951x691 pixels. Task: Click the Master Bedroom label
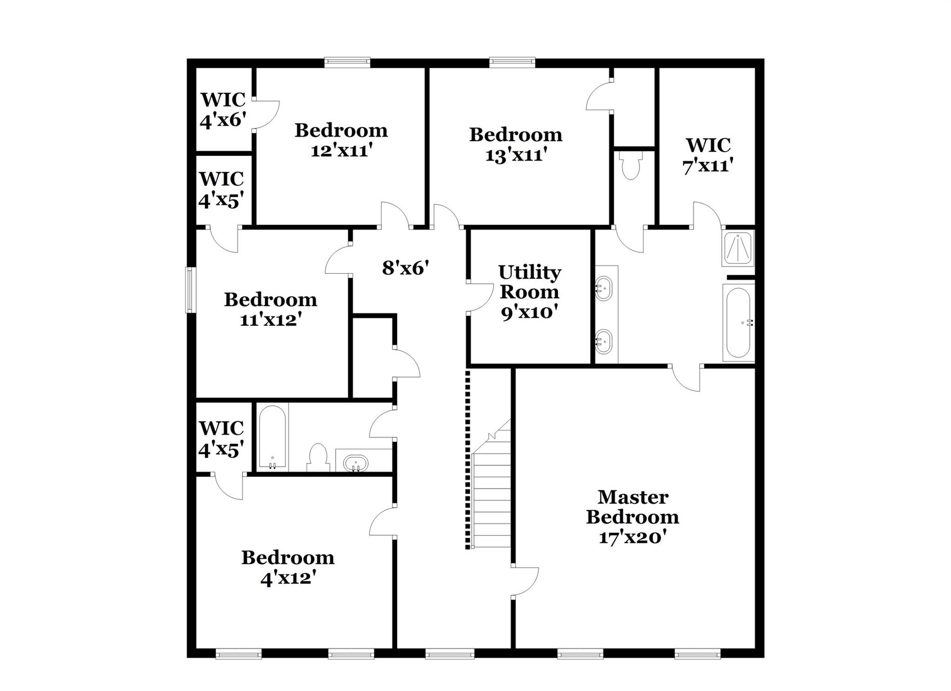click(x=632, y=507)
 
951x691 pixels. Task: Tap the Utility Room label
click(x=529, y=282)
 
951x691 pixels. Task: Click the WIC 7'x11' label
click(x=708, y=155)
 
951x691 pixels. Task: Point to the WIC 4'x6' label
click(x=222, y=110)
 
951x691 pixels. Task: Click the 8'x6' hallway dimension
click(x=405, y=268)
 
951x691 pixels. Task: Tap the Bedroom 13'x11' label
click(x=515, y=144)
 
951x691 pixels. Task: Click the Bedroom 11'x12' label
click(x=270, y=309)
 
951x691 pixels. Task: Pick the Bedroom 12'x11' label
click(x=341, y=140)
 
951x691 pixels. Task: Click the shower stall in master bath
click(x=738, y=248)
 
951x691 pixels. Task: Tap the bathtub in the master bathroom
click(x=738, y=323)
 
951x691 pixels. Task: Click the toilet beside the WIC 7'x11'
click(x=631, y=167)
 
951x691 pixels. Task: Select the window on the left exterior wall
click(x=189, y=290)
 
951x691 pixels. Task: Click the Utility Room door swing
click(x=481, y=297)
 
